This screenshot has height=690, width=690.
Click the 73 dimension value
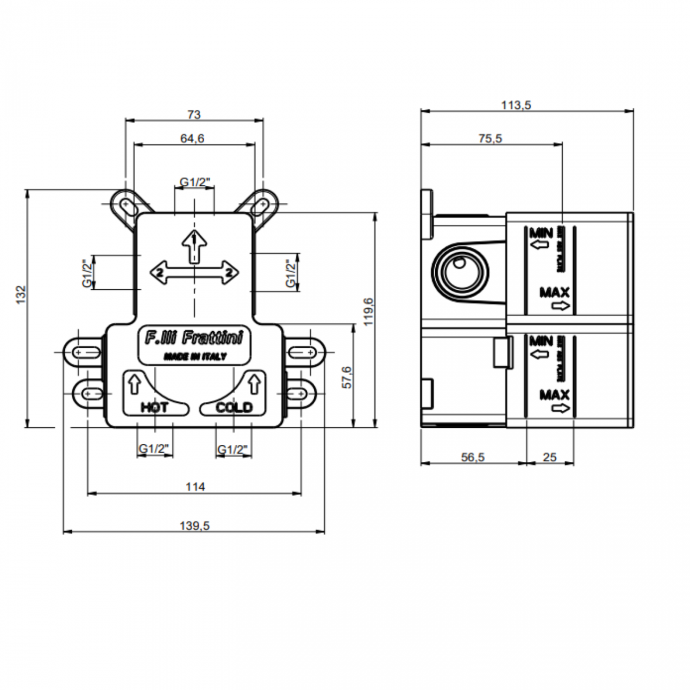point(194,114)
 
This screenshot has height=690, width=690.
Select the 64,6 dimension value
point(192,139)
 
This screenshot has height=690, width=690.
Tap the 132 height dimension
point(21,295)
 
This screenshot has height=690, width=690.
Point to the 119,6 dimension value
point(369,312)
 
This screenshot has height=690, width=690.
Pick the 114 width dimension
point(195,487)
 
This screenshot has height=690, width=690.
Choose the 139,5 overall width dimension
point(195,526)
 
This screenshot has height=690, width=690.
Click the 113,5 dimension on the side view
point(516,105)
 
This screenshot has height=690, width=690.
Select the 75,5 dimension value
point(490,139)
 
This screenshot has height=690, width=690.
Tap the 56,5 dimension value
point(472,457)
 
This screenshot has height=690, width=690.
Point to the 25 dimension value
point(550,457)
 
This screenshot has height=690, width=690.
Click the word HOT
point(154,408)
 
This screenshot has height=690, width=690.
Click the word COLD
point(234,408)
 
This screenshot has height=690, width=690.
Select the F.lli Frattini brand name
point(194,338)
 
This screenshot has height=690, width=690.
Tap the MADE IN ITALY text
point(195,356)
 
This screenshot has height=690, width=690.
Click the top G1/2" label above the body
point(195,183)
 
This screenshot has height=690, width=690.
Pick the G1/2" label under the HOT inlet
point(154,449)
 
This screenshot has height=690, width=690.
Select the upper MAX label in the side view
point(554,292)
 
